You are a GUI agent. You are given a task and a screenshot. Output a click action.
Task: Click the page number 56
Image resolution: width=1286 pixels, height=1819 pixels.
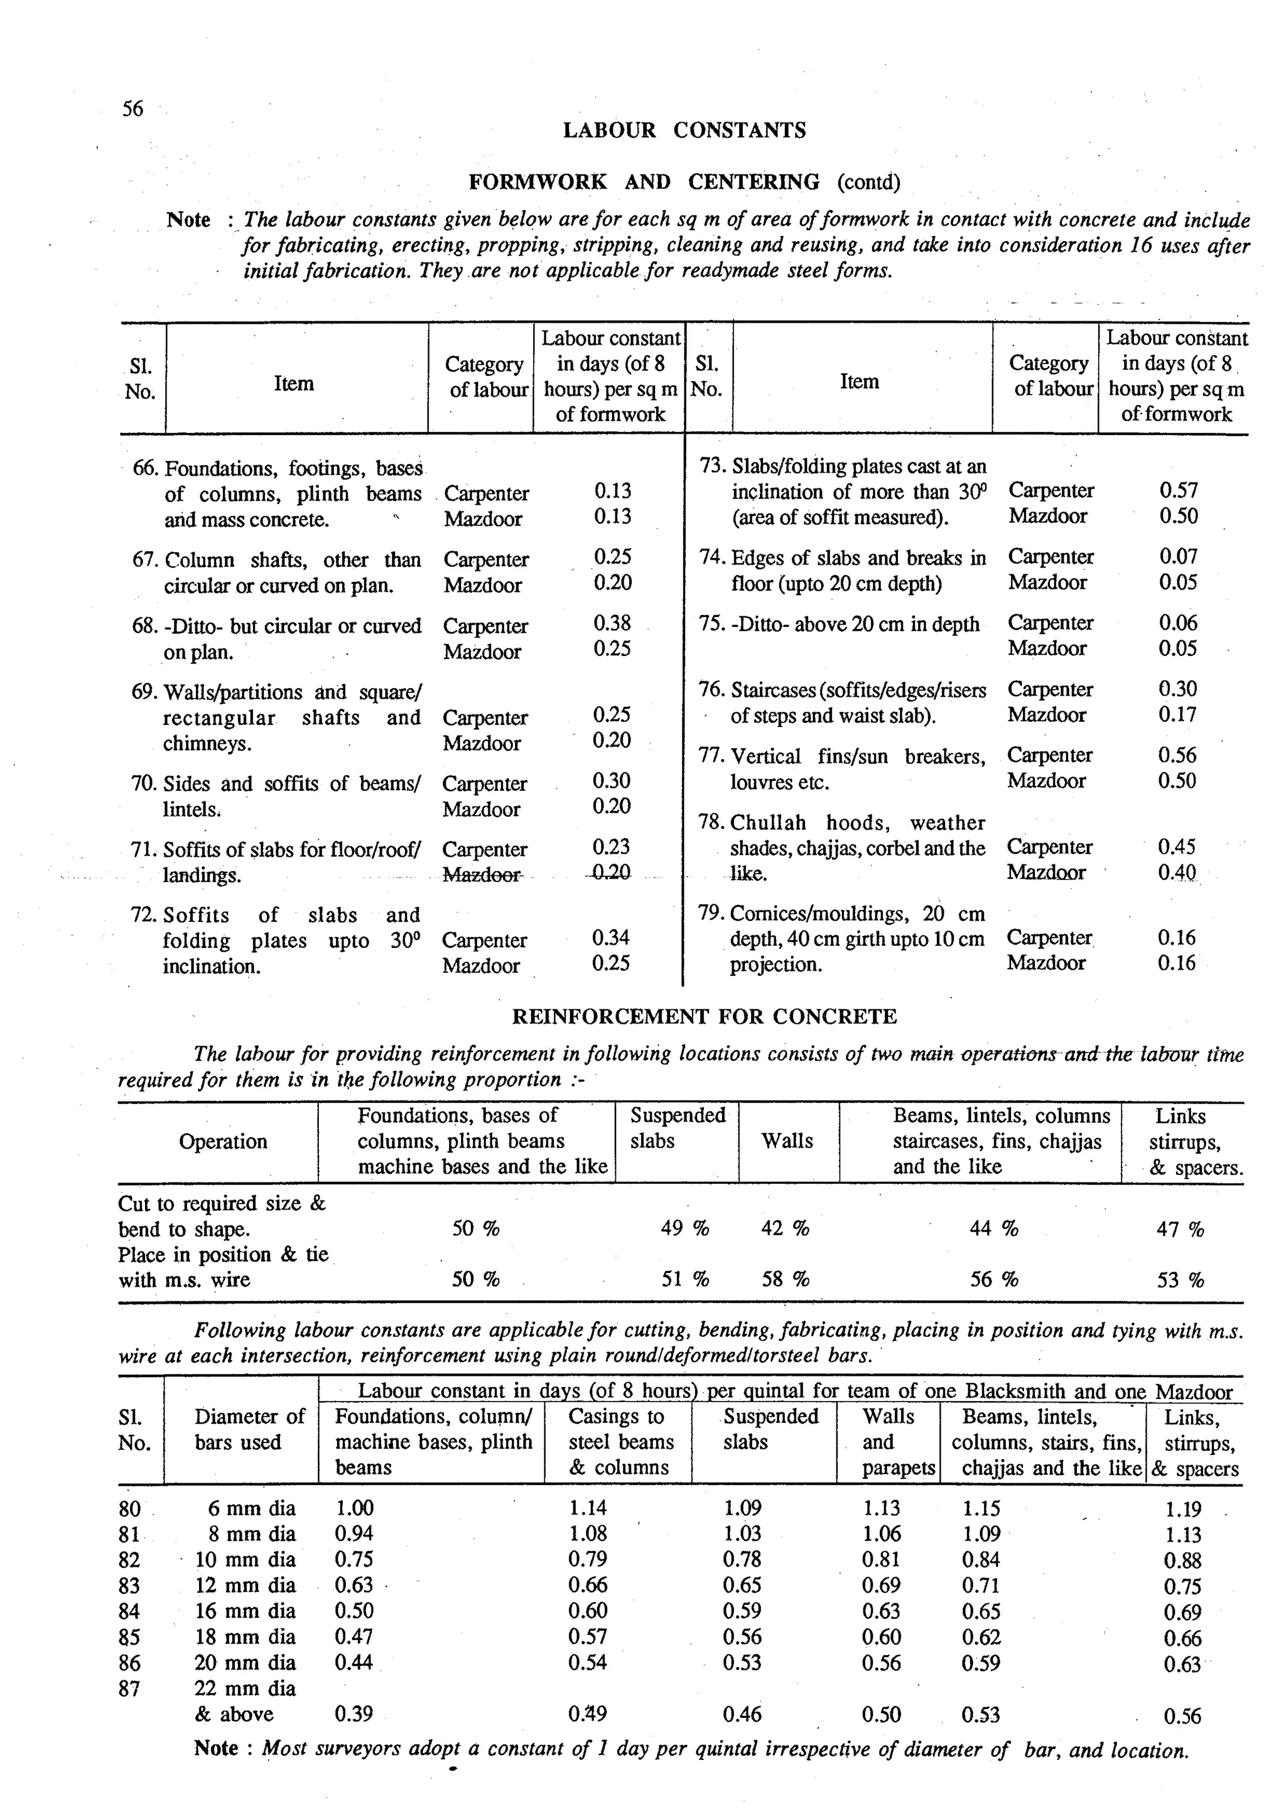tap(132, 109)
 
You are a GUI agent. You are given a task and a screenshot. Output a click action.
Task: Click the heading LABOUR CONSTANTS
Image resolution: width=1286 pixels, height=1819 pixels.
tap(684, 131)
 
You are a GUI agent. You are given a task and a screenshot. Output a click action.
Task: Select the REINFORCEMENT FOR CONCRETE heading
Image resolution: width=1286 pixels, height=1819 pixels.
tap(705, 1016)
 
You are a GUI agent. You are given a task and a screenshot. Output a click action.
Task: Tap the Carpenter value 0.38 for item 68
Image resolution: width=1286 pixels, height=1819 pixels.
tap(612, 623)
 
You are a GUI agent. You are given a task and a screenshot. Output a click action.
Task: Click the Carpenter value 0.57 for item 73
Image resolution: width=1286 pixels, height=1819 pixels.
tap(1178, 490)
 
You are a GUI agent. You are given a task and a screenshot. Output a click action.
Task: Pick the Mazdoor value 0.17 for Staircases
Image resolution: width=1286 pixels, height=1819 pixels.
tap(1177, 714)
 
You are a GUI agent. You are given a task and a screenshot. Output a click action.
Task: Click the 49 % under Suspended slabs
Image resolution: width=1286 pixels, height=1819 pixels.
tap(684, 1229)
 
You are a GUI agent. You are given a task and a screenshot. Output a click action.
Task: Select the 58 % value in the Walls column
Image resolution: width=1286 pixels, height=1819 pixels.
tap(786, 1279)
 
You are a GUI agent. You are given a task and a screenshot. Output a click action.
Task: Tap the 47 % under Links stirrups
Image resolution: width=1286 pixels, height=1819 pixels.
tap(1180, 1230)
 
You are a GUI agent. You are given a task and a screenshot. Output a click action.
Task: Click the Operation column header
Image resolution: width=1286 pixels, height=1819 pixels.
tap(223, 1142)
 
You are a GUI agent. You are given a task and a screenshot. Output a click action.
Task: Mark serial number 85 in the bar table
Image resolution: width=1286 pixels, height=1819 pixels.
tap(129, 1637)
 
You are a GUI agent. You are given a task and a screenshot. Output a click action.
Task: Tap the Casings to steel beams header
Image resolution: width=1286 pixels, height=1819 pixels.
tap(620, 1442)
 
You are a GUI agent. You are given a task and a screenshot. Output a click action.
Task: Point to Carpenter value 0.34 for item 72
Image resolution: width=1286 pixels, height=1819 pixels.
tap(610, 938)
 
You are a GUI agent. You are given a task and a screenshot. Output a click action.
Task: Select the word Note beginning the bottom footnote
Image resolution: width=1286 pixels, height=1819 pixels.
tap(215, 1747)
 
